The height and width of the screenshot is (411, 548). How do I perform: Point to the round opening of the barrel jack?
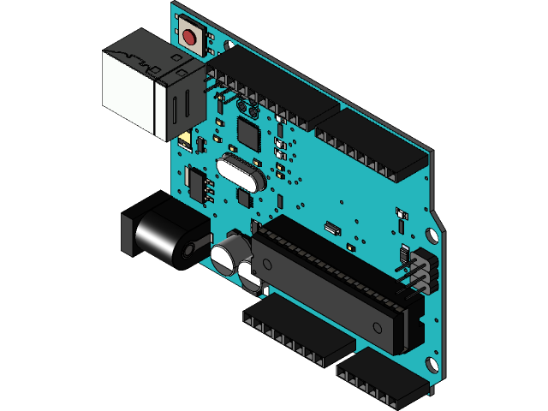(x=187, y=252)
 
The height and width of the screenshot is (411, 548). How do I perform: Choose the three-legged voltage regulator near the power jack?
(x=198, y=183)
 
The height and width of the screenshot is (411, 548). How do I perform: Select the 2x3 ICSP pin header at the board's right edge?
(x=419, y=269)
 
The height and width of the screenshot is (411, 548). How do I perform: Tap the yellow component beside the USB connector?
(x=185, y=138)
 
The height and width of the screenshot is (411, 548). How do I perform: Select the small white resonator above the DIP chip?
(x=331, y=229)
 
